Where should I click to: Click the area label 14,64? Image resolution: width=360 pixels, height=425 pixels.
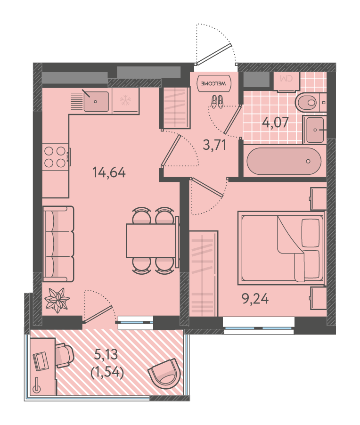click(109, 172)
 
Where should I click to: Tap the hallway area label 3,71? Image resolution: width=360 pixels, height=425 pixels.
click(214, 145)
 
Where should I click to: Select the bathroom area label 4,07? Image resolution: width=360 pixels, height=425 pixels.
click(275, 122)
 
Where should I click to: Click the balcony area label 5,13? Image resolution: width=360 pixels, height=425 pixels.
click(106, 354)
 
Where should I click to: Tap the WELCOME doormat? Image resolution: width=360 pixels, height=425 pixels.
click(214, 83)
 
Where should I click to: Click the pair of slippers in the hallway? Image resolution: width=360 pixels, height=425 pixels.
click(217, 102)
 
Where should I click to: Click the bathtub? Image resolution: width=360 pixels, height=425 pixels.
click(284, 161)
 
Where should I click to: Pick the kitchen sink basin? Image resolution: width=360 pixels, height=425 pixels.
click(96, 102)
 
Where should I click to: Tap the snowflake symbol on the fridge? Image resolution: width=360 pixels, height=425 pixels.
click(125, 100)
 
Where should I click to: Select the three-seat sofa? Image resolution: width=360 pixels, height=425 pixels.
click(58, 244)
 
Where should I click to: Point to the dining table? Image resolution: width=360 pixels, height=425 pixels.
click(151, 240)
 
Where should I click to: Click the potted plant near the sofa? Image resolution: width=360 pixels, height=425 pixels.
click(57, 300)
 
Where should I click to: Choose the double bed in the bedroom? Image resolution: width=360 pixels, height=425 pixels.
click(281, 248)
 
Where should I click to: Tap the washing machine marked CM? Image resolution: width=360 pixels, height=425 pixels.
click(287, 82)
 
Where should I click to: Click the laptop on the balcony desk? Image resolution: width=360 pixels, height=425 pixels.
click(40, 360)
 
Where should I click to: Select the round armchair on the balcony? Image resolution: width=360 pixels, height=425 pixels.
click(164, 373)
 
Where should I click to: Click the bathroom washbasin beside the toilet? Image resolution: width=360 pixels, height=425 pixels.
click(315, 130)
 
